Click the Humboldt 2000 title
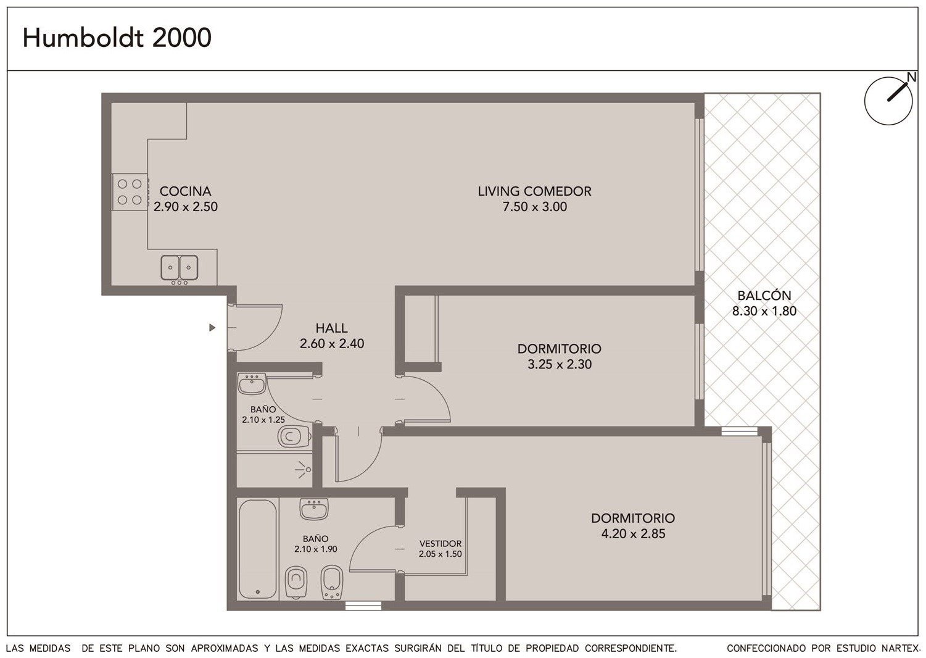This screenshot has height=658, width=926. tap(117, 38)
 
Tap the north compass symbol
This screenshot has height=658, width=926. tap(888, 101)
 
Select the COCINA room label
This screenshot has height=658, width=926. tap(185, 191)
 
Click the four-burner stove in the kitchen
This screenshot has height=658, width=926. tap(130, 192)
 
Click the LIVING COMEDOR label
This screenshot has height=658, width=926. tap(534, 191)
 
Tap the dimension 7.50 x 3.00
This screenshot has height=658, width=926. tap(534, 206)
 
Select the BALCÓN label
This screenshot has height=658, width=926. tap(764, 295)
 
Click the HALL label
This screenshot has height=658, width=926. tap(331, 328)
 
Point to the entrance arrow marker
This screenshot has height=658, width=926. tap(212, 328)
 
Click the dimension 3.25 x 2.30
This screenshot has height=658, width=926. tap(560, 364)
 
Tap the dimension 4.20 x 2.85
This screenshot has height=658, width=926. tap(634, 533)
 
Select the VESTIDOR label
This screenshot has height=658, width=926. tap(440, 543)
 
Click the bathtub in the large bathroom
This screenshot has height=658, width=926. tap(257, 549)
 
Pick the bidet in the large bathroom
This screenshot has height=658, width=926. tap(331, 582)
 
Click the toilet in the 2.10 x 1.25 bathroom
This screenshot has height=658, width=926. tap(294, 436)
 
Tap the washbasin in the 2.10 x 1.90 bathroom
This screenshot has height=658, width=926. tap(314, 509)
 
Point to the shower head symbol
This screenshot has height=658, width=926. tap(305, 469)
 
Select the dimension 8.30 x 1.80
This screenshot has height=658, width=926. tap(764, 311)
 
